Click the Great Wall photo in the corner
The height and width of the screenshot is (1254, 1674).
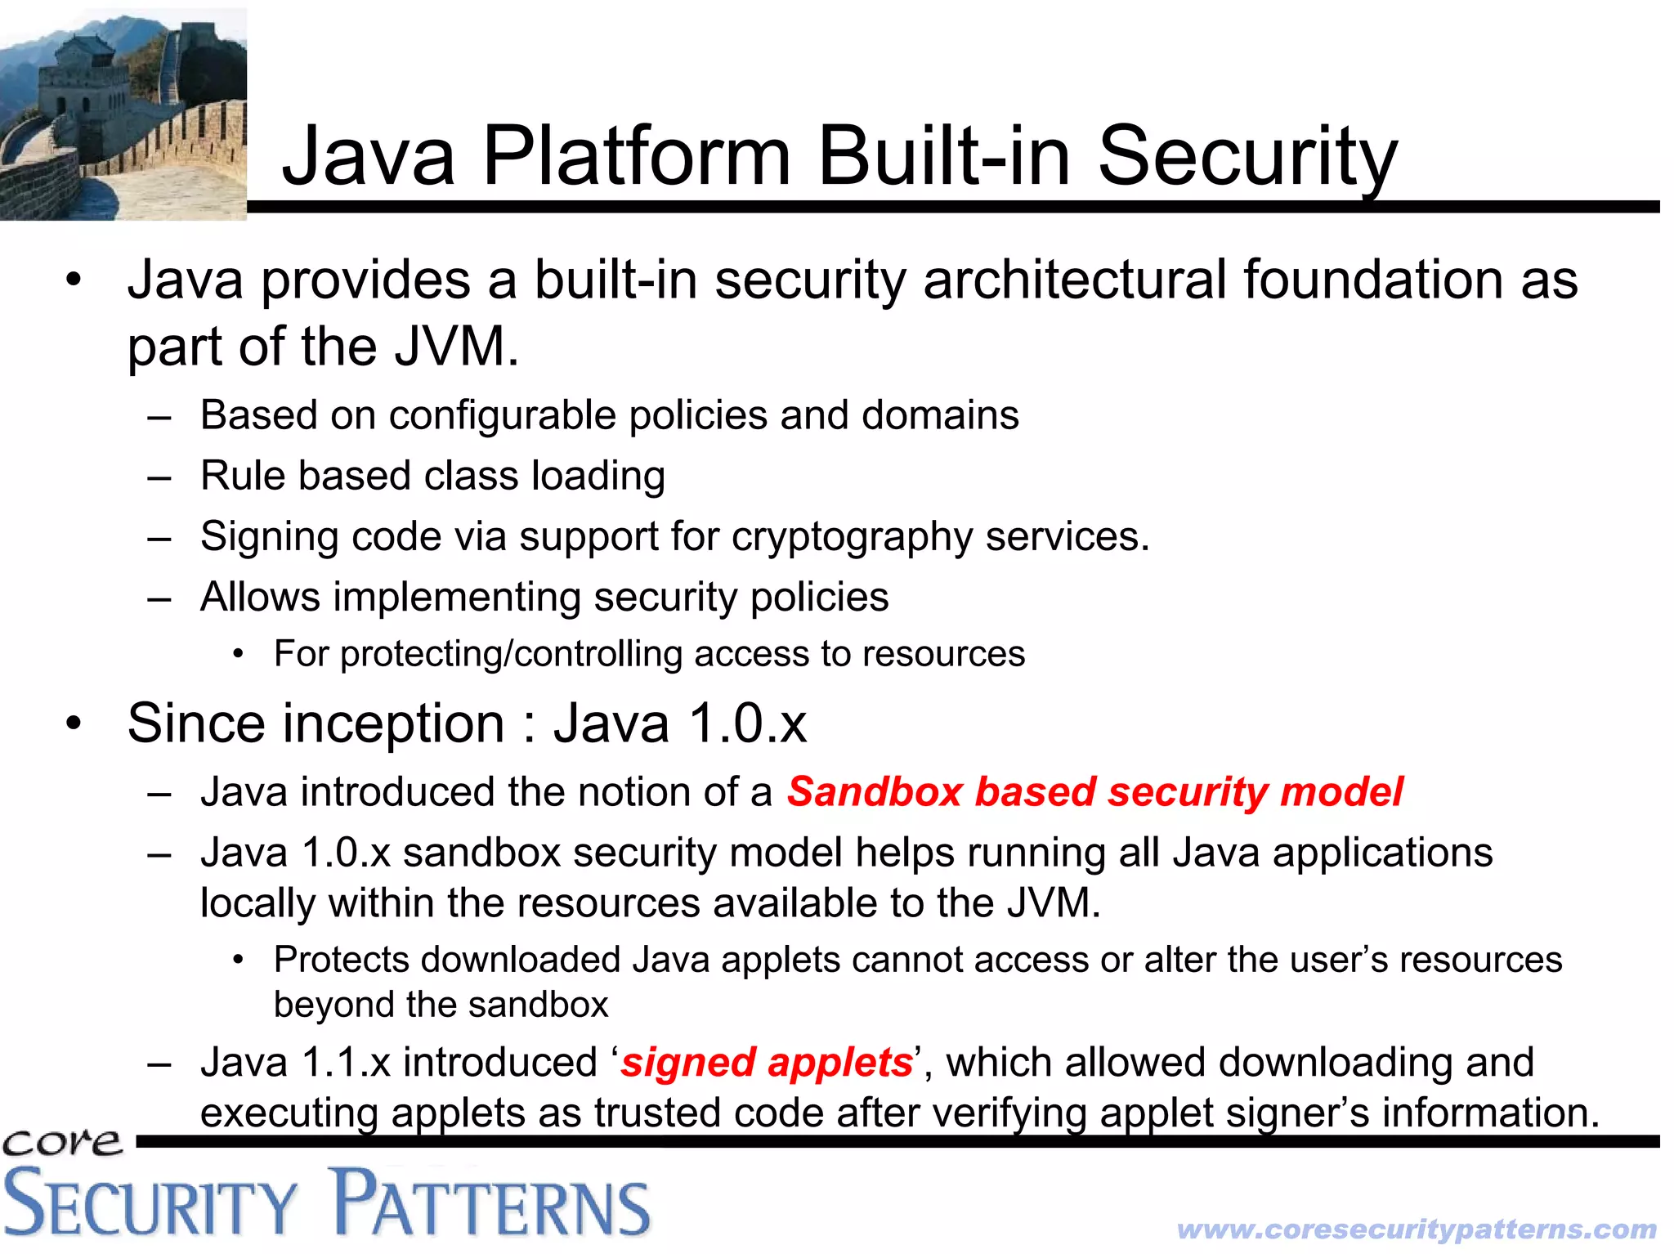coord(123,114)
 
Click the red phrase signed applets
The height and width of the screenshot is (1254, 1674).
coord(766,1063)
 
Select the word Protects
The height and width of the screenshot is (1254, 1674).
coord(342,960)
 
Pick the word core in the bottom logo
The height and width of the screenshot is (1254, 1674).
coord(62,1142)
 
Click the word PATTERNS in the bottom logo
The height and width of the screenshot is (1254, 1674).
coord(492,1203)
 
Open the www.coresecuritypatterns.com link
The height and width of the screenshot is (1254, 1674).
coord(1417,1229)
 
